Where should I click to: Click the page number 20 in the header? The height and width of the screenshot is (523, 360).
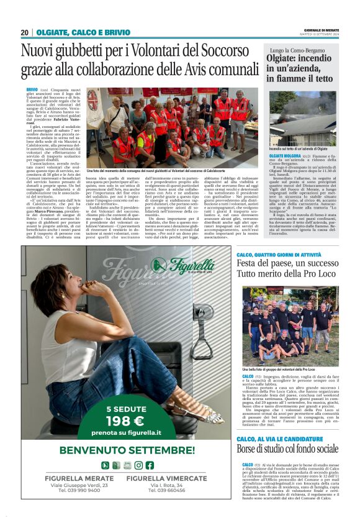[x=24, y=32]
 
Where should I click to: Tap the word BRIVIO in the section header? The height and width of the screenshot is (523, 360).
[x=117, y=32]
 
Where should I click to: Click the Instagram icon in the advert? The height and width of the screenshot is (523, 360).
[x=138, y=465]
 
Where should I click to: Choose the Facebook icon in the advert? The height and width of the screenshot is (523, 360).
[x=150, y=465]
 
